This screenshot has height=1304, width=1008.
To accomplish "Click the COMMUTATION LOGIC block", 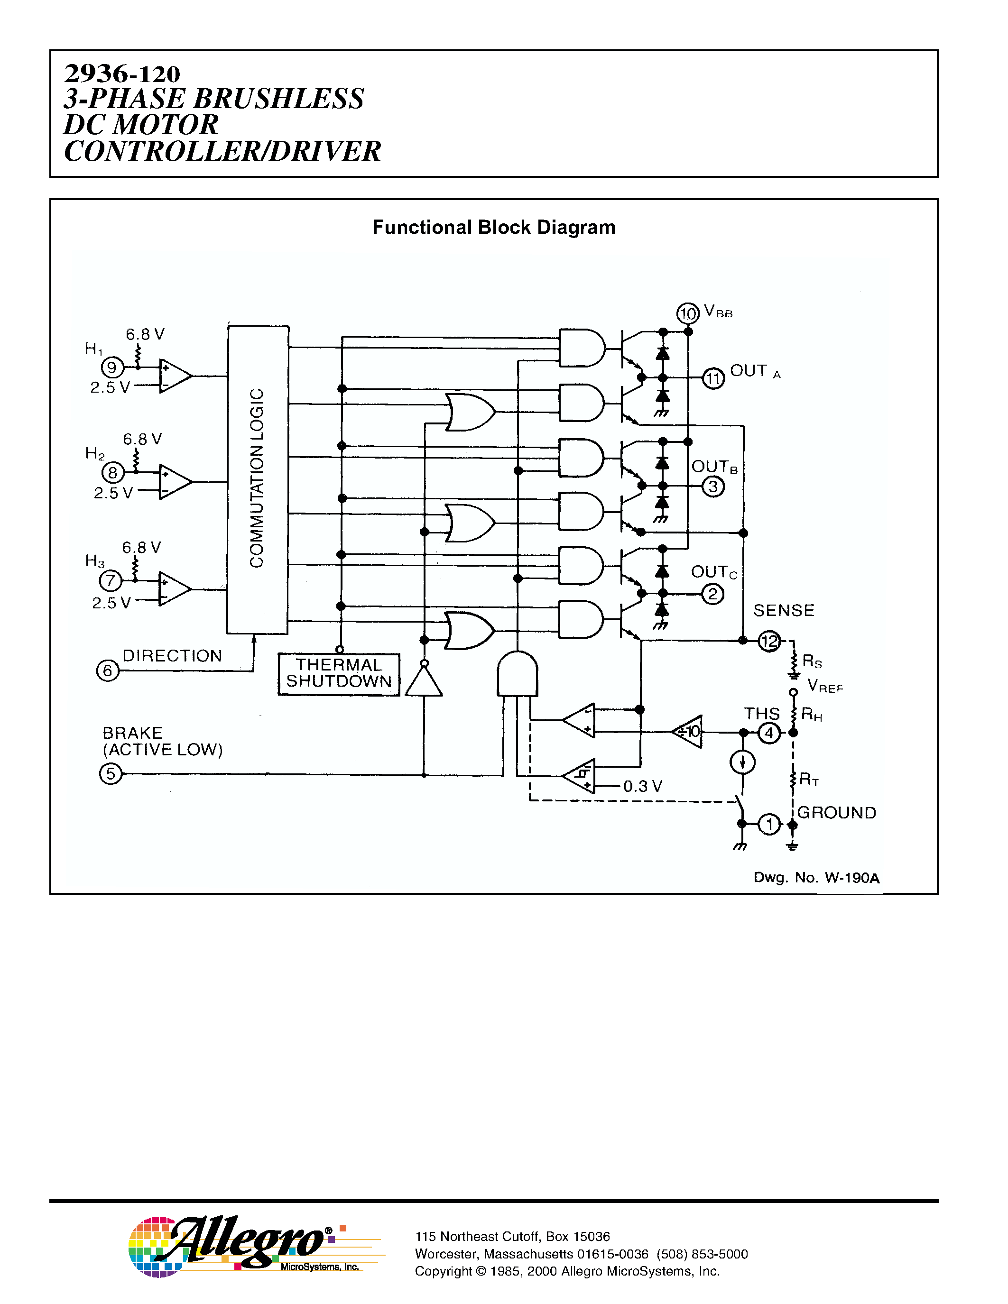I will tap(258, 479).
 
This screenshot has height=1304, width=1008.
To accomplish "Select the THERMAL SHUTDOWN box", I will tap(339, 674).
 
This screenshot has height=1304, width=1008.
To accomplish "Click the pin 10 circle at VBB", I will tap(687, 313).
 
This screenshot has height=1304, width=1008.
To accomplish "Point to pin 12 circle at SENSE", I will tap(769, 641).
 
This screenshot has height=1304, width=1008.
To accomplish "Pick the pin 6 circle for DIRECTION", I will tap(108, 670).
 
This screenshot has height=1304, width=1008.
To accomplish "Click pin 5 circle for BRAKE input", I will tap(111, 774).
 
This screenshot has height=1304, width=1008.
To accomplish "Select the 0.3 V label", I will tap(643, 786).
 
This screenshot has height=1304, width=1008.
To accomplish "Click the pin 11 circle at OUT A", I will tap(713, 378).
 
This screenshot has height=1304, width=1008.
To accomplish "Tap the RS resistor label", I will tap(812, 661).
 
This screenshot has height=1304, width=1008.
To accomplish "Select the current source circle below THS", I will tap(742, 762).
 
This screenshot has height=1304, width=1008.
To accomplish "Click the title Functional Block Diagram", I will tap(494, 228).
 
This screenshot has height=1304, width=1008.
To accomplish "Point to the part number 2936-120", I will tap(122, 74).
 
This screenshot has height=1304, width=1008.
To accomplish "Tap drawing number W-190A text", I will tap(816, 878).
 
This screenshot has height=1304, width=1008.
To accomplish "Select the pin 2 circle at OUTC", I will tap(712, 594).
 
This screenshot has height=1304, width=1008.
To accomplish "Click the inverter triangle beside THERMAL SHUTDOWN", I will tap(424, 682).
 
